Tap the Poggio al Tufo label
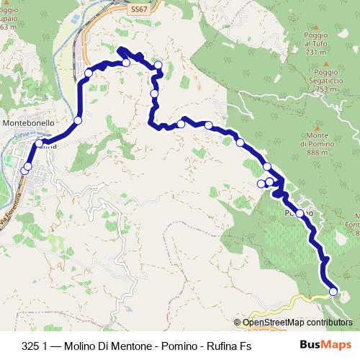click(x=320, y=39)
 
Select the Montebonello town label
click(x=28, y=123)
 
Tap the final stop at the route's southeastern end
click(x=333, y=291)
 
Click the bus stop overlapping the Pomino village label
click(x=300, y=213)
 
